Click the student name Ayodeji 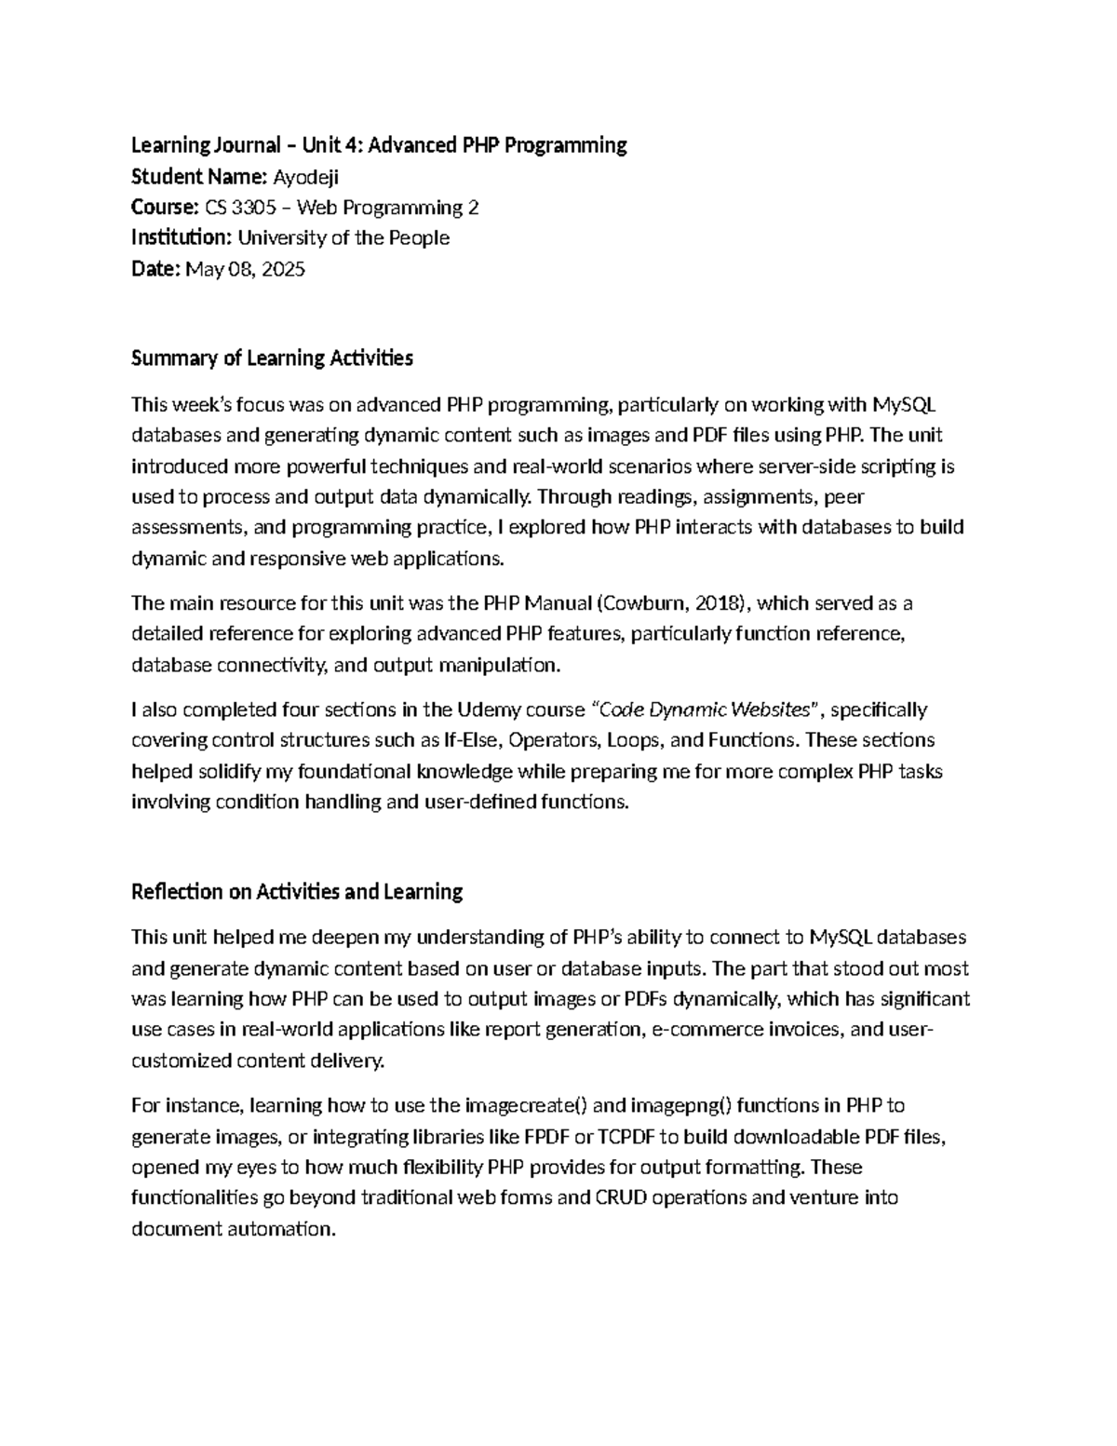click(305, 177)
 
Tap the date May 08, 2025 click(246, 270)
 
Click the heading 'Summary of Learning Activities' click(272, 358)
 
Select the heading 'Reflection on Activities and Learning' click(297, 892)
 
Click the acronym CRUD click(621, 1198)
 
